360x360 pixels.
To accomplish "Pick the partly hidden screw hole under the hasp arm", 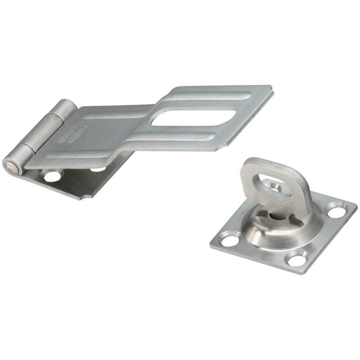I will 98,169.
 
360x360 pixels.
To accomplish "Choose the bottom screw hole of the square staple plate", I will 297,258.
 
